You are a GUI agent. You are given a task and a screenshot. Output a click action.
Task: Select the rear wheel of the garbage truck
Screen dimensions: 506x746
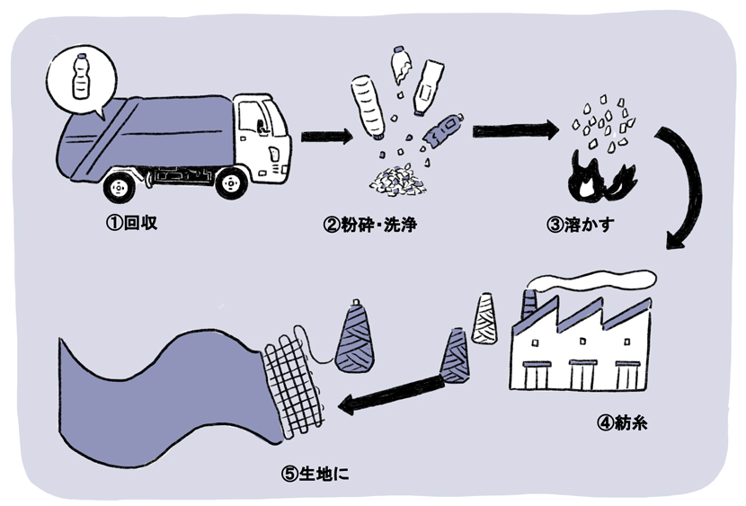click(x=120, y=186)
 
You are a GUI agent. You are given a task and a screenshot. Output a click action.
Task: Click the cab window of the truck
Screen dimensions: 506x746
click(x=255, y=119)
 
